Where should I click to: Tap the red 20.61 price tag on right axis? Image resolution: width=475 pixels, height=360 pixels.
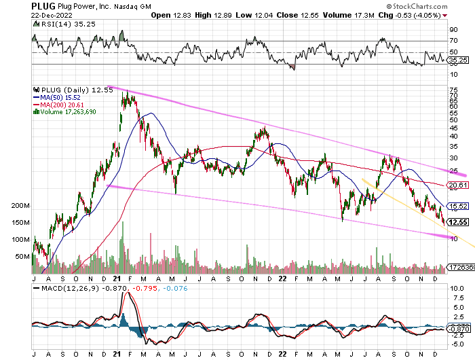click(x=459, y=185)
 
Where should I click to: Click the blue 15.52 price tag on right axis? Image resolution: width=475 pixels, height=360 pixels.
click(x=459, y=206)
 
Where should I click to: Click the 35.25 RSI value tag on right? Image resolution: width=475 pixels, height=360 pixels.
click(x=459, y=60)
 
